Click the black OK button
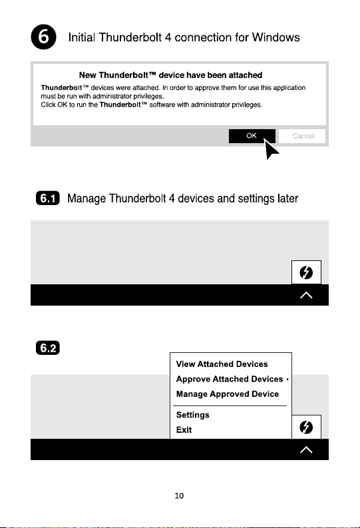click(252, 136)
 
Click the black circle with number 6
click(44, 37)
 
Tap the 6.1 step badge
click(48, 198)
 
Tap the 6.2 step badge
click(48, 348)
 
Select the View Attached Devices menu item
click(222, 364)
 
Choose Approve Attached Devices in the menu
click(230, 379)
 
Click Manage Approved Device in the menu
click(228, 394)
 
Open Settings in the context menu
click(193, 415)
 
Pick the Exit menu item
click(184, 429)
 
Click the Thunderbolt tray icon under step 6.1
click(306, 272)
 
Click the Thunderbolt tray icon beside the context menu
click(306, 427)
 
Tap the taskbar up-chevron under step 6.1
click(306, 296)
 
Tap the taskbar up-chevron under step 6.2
click(306, 450)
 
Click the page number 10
click(179, 495)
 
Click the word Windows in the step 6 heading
click(276, 37)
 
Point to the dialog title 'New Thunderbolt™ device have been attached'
click(170, 75)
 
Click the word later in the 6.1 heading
click(288, 198)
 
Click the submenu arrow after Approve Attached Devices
click(287, 379)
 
